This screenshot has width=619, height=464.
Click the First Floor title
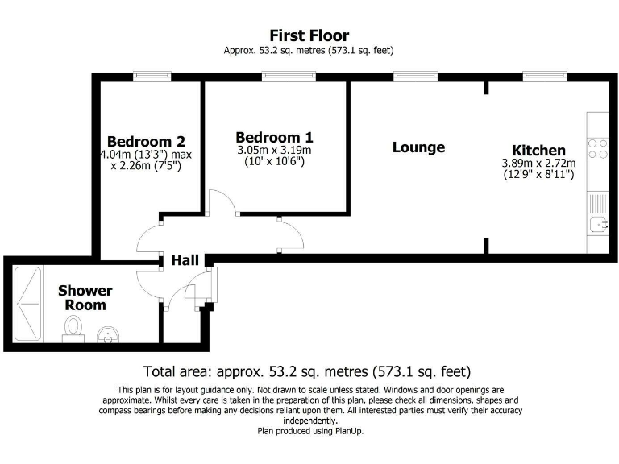[x=309, y=35]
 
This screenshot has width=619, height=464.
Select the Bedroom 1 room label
[x=274, y=137]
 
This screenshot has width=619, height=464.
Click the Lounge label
[x=418, y=147]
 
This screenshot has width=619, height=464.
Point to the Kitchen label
[x=538, y=150]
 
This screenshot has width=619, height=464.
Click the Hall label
[x=185, y=260]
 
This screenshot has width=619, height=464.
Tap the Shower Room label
[x=85, y=297]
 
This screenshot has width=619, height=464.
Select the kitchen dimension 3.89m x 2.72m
[x=538, y=163]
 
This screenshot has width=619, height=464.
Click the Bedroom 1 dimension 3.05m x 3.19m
[x=274, y=150]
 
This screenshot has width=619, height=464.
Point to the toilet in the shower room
[x=74, y=326]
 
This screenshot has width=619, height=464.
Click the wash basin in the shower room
[x=107, y=333]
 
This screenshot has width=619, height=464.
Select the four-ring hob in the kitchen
[x=598, y=149]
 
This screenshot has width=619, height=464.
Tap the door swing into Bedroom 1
[x=222, y=202]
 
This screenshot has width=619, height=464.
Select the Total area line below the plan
[x=306, y=372]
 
